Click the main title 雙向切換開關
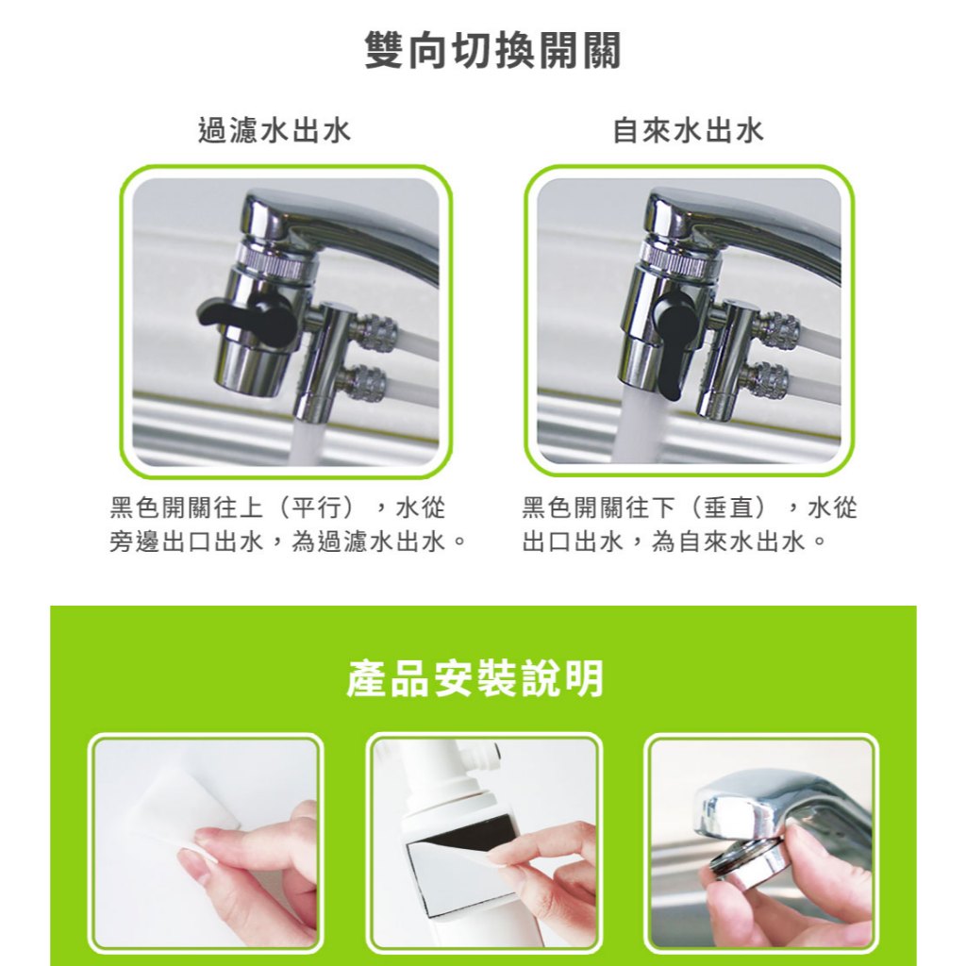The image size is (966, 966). [492, 51]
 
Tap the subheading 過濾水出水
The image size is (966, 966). [275, 131]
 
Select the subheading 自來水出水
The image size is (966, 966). [688, 131]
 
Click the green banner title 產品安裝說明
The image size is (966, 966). [475, 678]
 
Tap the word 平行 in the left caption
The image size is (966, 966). [318, 508]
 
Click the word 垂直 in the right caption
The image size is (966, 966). [729, 508]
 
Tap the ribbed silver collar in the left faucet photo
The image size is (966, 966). [275, 260]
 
